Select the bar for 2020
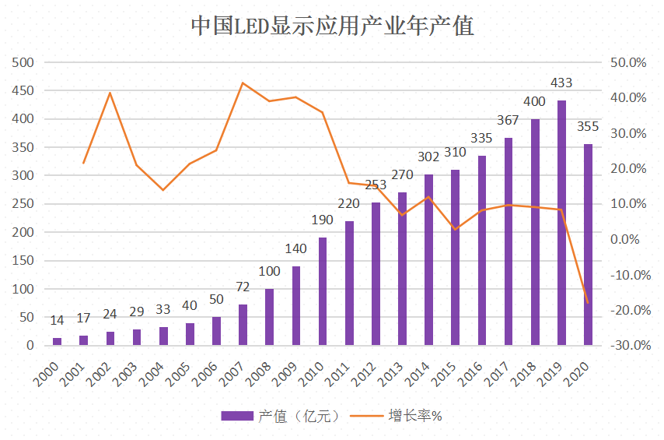point(588,245)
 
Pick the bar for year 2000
point(58,341)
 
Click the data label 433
point(561,83)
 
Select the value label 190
point(322,220)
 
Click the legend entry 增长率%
point(415,416)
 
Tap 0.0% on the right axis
point(633,239)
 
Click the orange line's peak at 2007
point(243,83)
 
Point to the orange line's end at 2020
point(588,303)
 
